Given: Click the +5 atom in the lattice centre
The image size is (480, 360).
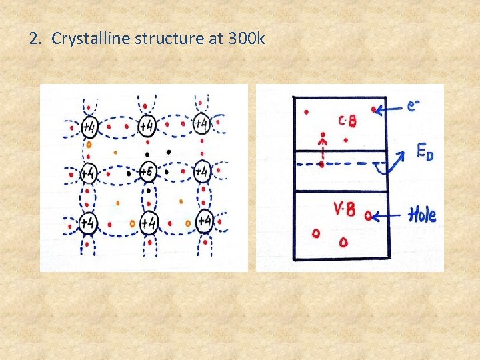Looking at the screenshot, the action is tap(148, 172).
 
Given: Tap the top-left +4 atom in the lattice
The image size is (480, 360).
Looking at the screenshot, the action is tap(89, 125).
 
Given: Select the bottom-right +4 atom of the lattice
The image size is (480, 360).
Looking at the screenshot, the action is tap(205, 221).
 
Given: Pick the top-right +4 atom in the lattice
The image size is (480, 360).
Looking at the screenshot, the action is tap(202, 124).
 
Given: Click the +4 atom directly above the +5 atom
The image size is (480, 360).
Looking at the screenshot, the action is tap(147, 125).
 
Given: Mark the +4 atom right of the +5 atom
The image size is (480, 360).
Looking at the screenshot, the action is tap(202, 172).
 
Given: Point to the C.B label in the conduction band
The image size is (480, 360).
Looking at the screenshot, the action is tap(347, 121).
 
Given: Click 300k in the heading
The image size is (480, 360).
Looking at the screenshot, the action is tap(246, 39).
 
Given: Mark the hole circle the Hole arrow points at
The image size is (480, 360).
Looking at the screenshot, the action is tap(369, 215).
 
